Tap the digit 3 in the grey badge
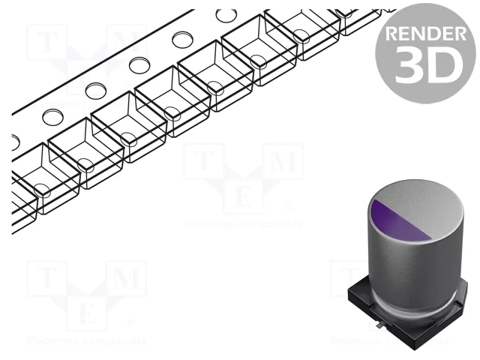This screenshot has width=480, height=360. [409, 66]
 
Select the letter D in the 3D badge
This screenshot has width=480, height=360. [442, 66]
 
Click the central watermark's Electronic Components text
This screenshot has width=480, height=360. [242, 223]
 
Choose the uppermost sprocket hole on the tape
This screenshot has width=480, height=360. [224, 15]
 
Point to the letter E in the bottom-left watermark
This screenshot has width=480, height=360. [85, 313]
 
